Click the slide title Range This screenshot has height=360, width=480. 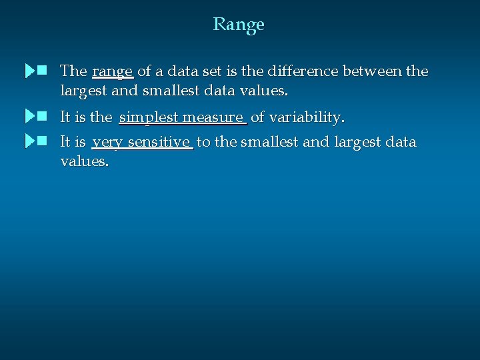point(239,25)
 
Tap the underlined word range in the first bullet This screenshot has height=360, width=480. point(113,71)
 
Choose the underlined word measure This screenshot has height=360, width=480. point(213,118)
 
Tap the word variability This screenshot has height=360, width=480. point(307,118)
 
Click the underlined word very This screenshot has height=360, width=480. point(108,143)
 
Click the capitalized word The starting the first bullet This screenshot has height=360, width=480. point(73,71)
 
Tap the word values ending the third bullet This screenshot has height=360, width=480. point(84,161)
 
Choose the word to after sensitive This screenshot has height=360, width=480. point(203,143)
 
